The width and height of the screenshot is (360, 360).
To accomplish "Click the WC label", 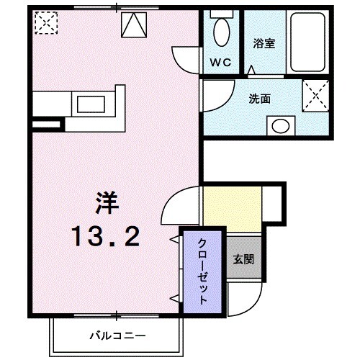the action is click(x=220, y=63).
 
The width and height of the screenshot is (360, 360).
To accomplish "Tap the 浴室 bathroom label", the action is click(x=264, y=43).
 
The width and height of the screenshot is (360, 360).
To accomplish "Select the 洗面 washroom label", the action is click(x=259, y=99).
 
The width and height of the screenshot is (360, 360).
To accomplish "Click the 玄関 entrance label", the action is click(x=243, y=259).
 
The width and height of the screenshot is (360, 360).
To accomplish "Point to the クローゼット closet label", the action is click(x=202, y=271).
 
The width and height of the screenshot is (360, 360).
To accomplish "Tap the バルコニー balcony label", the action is click(x=117, y=336).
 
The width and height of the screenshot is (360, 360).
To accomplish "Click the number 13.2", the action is click(x=107, y=237).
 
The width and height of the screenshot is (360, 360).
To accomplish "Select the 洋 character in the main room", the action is click(x=107, y=203).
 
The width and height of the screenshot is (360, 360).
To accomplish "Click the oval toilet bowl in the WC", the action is click(x=222, y=32).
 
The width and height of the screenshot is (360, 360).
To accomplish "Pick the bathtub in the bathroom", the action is click(x=307, y=42).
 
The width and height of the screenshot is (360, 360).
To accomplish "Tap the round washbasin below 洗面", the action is click(x=280, y=126).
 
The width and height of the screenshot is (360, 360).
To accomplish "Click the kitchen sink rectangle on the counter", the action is click(x=91, y=104).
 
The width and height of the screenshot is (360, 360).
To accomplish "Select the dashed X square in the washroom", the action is click(x=315, y=96).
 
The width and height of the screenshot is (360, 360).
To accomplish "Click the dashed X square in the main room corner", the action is click(x=46, y=23).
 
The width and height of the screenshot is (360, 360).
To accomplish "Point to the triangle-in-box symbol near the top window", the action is click(x=134, y=25).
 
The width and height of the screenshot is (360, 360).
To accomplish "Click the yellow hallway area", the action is click(x=233, y=210).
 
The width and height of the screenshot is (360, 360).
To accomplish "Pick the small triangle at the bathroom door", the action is click(x=251, y=70).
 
